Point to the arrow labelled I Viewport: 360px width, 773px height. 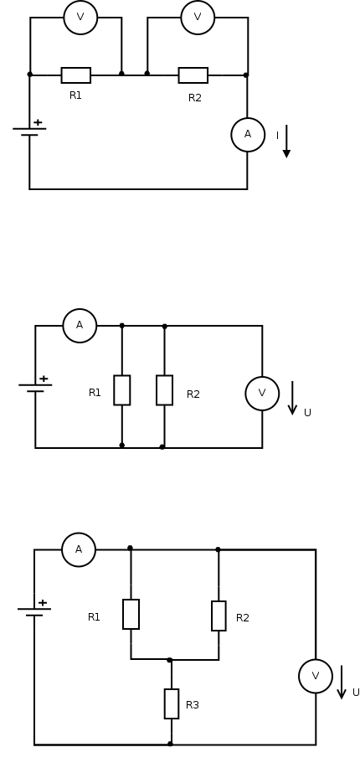286,141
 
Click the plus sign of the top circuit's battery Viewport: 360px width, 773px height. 38,122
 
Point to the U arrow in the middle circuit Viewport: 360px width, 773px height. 292,398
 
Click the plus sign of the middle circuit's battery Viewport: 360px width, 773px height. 44,379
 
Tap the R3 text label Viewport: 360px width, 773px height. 193,705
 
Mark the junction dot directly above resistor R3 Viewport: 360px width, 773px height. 170,660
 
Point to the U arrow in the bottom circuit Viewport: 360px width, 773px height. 342,683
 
